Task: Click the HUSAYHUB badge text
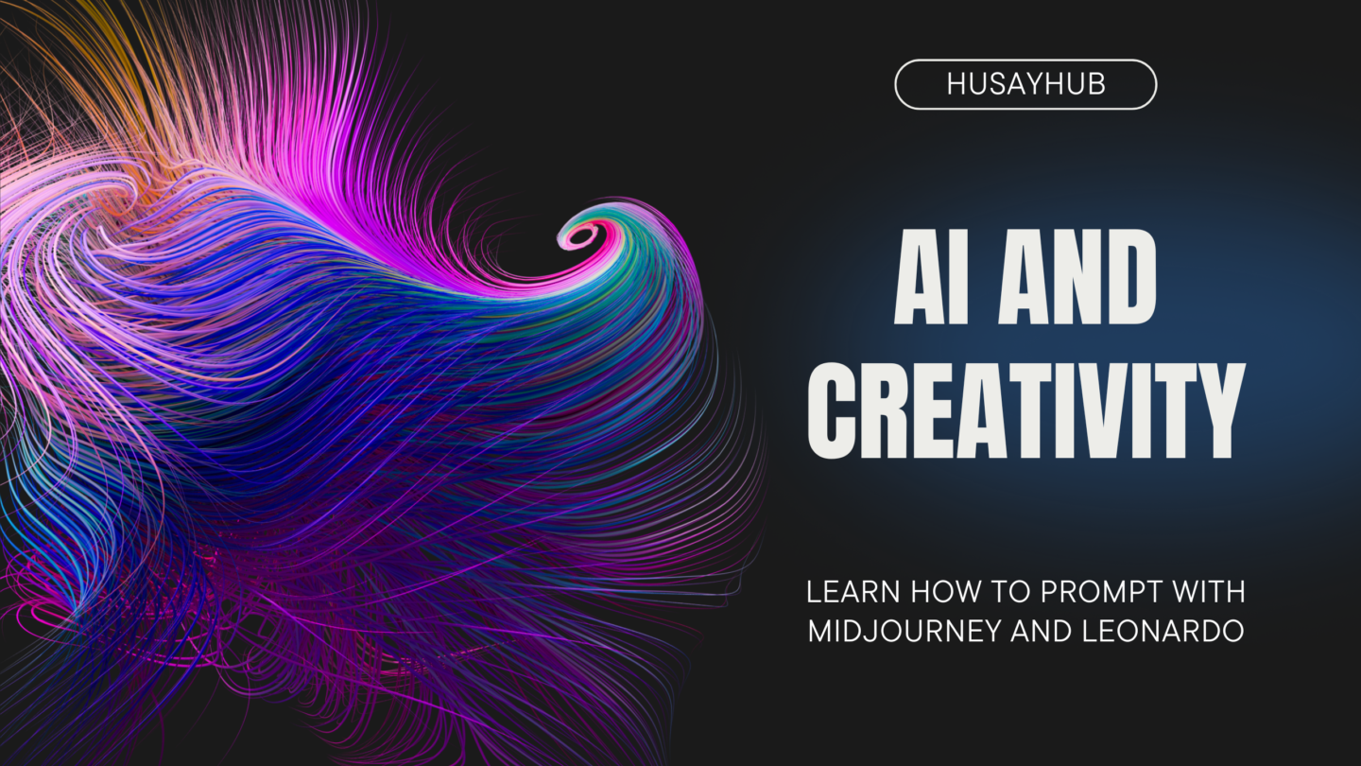click(1025, 84)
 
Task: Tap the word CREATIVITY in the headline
click(1026, 410)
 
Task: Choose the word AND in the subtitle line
click(1040, 631)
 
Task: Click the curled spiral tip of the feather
click(581, 235)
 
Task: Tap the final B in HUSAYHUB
click(1097, 84)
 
